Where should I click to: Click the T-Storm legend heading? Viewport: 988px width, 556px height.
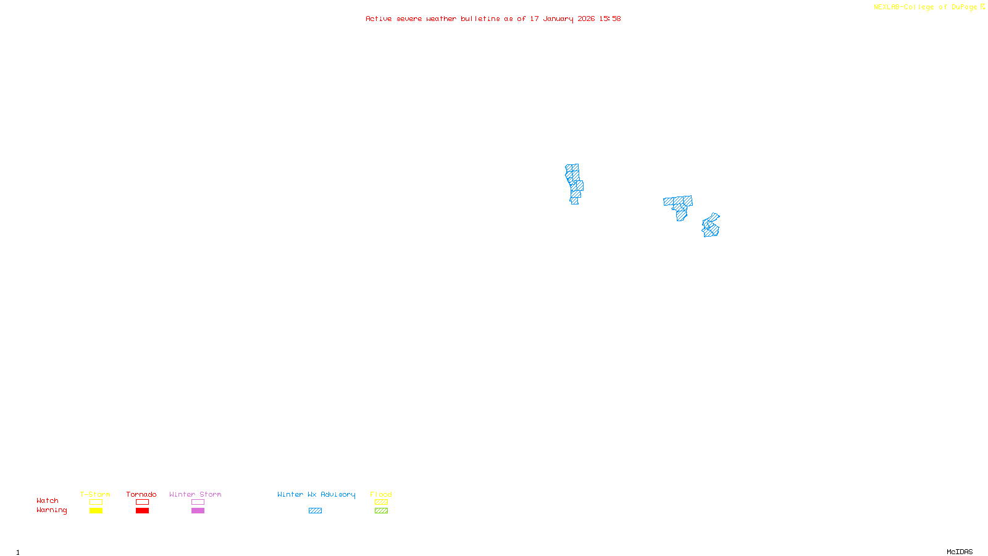point(95,494)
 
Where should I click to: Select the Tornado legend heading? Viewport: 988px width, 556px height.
point(141,494)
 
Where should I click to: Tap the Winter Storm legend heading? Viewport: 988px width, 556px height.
point(195,494)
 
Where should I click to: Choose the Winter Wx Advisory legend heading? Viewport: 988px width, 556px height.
point(316,494)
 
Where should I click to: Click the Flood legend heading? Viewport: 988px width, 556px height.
point(381,494)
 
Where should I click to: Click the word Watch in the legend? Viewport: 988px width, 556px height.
point(48,500)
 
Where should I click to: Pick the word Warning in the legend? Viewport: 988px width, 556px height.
point(52,510)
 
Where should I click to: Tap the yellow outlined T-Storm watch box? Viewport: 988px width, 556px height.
point(96,502)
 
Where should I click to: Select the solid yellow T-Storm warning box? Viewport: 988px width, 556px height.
point(96,511)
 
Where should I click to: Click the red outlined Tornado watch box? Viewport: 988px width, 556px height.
point(142,502)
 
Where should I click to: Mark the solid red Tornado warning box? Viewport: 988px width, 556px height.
point(142,511)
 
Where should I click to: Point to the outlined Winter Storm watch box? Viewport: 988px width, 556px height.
point(198,502)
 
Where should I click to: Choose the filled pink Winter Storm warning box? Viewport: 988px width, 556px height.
point(198,511)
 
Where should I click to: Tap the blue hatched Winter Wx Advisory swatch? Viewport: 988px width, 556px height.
point(315,511)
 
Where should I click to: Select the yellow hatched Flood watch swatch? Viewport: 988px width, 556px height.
point(381,502)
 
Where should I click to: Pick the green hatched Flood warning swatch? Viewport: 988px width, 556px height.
point(381,511)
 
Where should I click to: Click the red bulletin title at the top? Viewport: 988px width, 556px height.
point(493,19)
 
